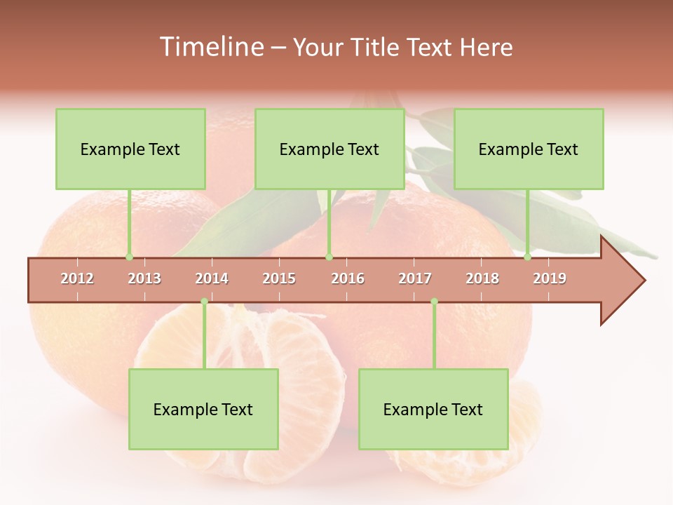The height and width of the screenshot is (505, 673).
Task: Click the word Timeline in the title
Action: click(x=210, y=47)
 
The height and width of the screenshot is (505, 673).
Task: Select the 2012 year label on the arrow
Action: click(x=77, y=278)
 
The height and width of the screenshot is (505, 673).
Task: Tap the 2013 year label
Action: click(x=144, y=278)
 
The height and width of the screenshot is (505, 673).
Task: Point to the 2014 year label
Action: click(x=212, y=278)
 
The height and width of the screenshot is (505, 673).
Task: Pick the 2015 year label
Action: click(x=279, y=278)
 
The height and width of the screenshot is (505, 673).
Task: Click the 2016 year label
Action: click(x=348, y=278)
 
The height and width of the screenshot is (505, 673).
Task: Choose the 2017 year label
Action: click(x=415, y=278)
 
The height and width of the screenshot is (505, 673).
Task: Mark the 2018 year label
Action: click(x=482, y=278)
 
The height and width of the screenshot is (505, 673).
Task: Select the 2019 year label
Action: click(x=550, y=278)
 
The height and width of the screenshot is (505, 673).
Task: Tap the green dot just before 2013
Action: click(x=129, y=257)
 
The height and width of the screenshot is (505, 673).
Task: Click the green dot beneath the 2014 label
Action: click(x=204, y=302)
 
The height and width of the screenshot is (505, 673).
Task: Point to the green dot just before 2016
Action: click(x=329, y=257)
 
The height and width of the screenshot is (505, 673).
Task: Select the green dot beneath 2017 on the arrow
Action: click(x=434, y=302)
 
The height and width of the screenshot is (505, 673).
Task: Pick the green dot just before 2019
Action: click(x=528, y=257)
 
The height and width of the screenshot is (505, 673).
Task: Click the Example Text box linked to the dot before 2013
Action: click(x=130, y=149)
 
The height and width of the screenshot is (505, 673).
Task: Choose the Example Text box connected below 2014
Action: click(x=203, y=410)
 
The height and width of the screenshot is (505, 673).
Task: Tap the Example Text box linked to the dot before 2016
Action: click(x=329, y=149)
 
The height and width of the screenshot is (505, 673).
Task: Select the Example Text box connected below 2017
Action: click(x=433, y=410)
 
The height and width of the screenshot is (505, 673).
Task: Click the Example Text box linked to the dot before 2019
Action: click(x=529, y=149)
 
